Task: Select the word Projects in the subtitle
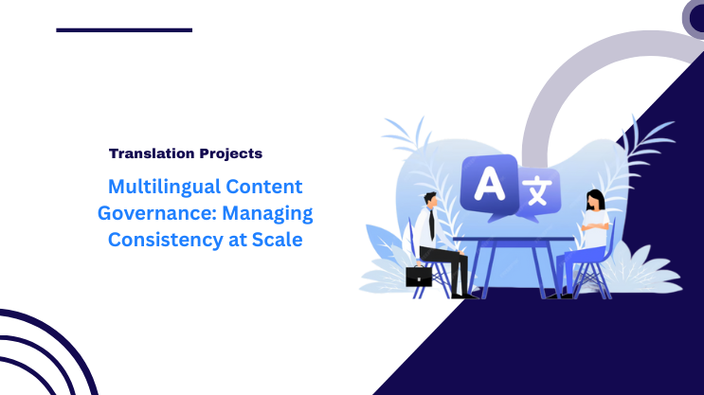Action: (x=229, y=153)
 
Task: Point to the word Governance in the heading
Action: (x=143, y=213)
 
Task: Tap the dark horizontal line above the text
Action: (x=124, y=30)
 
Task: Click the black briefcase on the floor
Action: (x=419, y=276)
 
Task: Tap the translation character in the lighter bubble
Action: (x=537, y=192)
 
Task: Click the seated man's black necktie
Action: (x=431, y=224)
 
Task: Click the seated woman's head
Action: (x=594, y=201)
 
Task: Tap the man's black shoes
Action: (x=464, y=294)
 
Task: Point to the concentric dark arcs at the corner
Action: (x=43, y=355)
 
